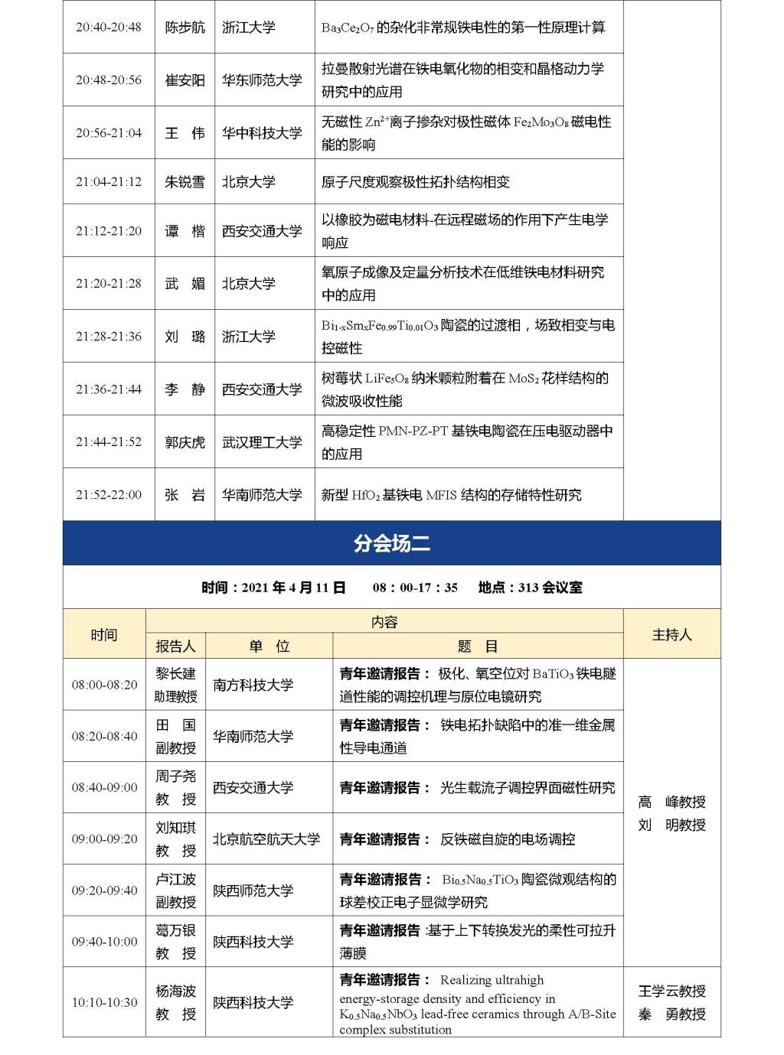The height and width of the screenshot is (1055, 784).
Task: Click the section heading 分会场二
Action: [x=391, y=543]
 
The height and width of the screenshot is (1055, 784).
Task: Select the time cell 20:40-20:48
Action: [x=109, y=27]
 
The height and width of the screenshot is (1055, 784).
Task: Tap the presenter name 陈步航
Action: [x=185, y=27]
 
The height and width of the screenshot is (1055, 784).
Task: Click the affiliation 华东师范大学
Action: [x=262, y=80]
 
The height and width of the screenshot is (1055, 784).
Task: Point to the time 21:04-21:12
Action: [x=109, y=181]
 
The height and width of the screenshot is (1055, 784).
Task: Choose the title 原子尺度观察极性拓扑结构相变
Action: [x=415, y=181]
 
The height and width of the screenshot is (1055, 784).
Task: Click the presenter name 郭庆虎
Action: [x=185, y=442]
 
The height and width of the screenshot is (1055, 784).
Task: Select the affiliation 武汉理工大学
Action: [x=262, y=442]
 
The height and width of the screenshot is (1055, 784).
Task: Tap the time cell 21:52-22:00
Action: [x=109, y=494]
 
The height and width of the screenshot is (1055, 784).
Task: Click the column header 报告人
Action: [x=175, y=646]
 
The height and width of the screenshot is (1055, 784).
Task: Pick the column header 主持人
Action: [x=671, y=634]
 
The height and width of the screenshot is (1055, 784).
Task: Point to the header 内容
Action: [x=384, y=622]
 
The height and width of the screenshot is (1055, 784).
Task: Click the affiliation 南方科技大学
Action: [x=253, y=685]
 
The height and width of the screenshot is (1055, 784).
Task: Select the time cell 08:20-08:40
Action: [x=105, y=736]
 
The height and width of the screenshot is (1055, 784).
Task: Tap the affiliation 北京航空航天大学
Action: [x=266, y=839]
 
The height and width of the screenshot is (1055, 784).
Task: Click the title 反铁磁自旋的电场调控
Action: [x=507, y=839]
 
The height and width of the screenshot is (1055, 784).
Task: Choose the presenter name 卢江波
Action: [x=175, y=880]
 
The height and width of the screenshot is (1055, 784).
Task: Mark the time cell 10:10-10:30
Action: [x=105, y=1002]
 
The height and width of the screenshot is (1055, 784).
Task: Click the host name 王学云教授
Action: [x=671, y=991]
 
